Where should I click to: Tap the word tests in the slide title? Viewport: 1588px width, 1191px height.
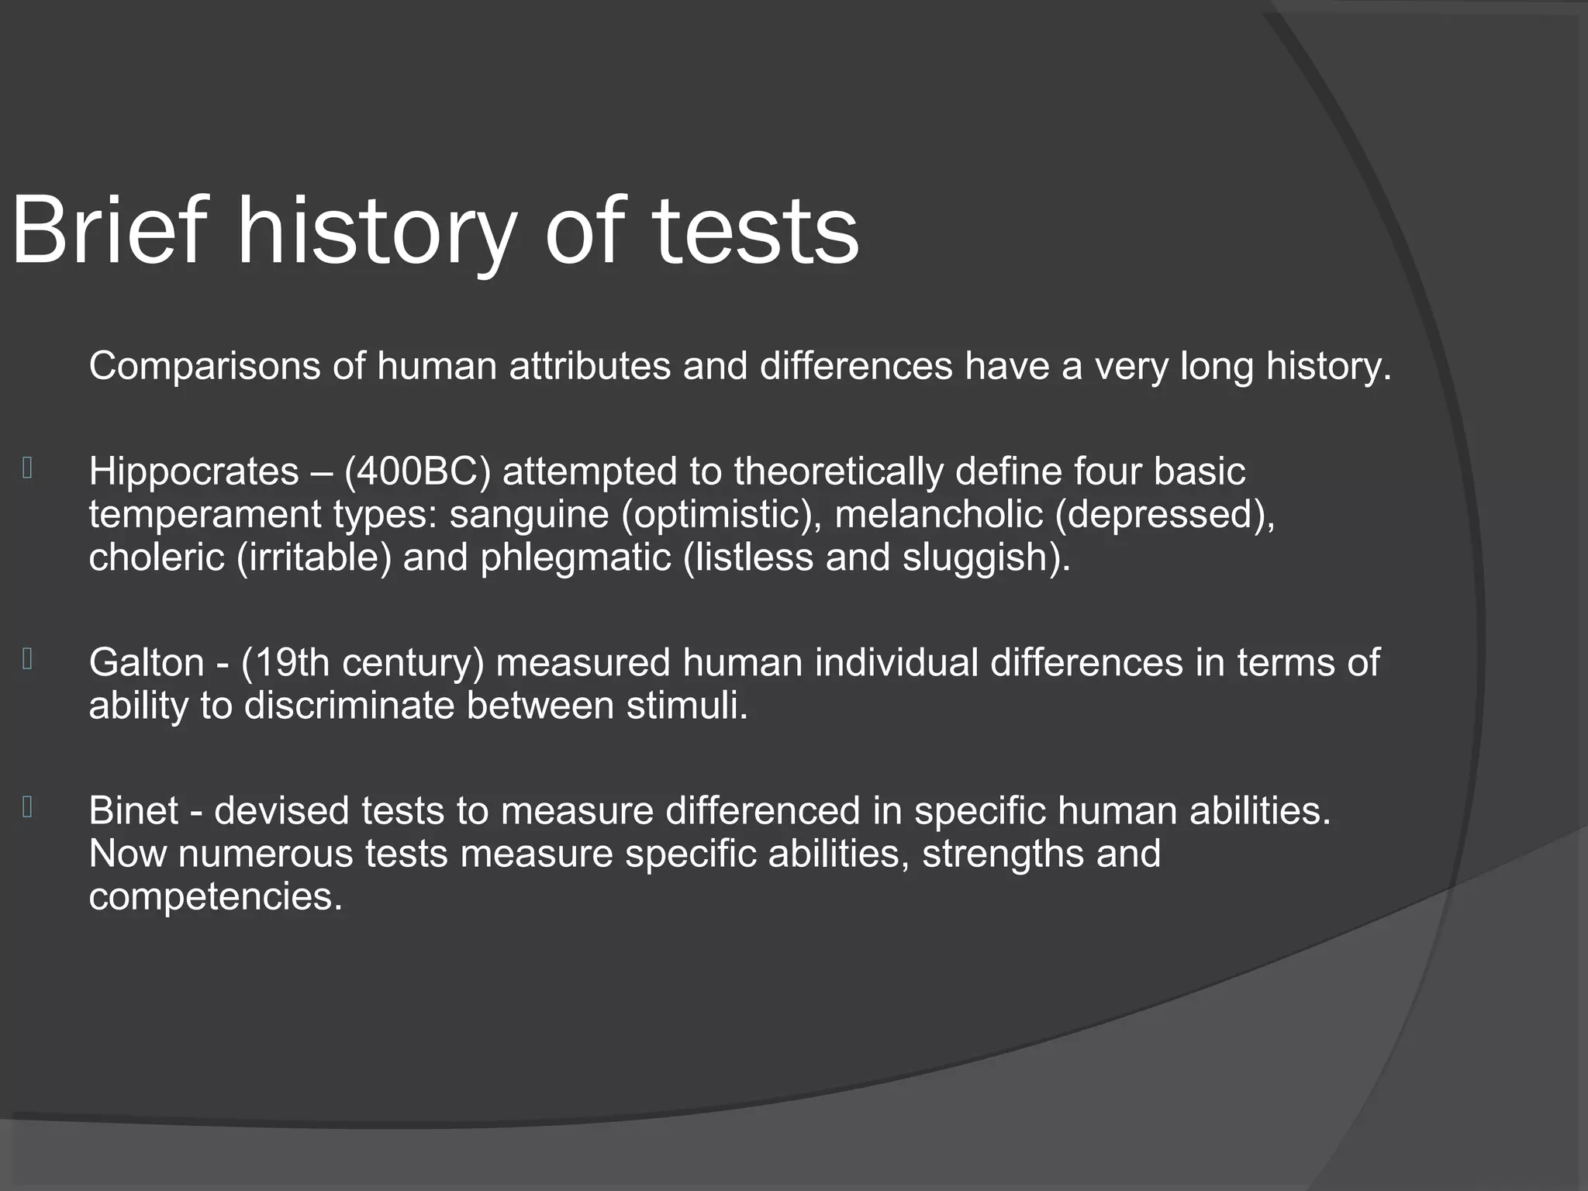[755, 233]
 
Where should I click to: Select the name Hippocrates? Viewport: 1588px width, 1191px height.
[194, 472]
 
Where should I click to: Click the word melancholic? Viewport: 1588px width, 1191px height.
[938, 514]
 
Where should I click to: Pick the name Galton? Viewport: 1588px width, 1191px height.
[147, 663]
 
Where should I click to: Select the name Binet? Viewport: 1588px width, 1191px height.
[133, 811]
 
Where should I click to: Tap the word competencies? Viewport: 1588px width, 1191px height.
[215, 897]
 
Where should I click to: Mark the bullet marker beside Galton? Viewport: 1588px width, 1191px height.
[27, 659]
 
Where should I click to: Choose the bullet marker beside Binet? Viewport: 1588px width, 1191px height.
[27, 807]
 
